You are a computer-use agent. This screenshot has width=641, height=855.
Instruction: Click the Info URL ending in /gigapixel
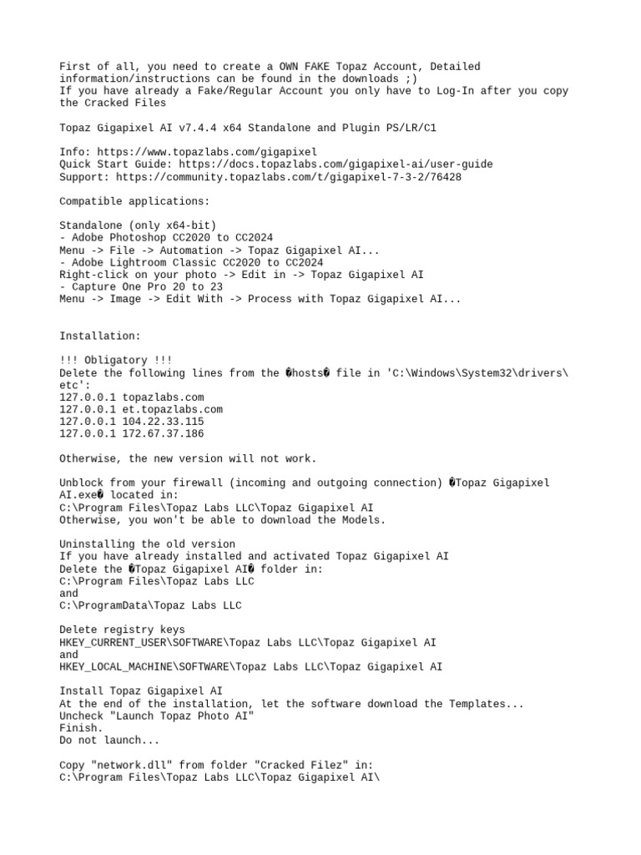click(207, 152)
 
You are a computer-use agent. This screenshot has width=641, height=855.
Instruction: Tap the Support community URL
click(289, 177)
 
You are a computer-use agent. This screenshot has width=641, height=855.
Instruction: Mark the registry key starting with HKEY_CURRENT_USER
click(247, 643)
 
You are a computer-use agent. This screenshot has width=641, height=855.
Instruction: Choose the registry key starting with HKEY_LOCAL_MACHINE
click(251, 667)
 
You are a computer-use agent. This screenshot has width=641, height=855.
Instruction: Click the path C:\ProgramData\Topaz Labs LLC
click(150, 605)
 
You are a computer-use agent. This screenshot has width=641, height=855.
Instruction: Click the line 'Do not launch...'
click(109, 741)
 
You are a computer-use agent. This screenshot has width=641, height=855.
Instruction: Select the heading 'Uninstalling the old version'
click(147, 544)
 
